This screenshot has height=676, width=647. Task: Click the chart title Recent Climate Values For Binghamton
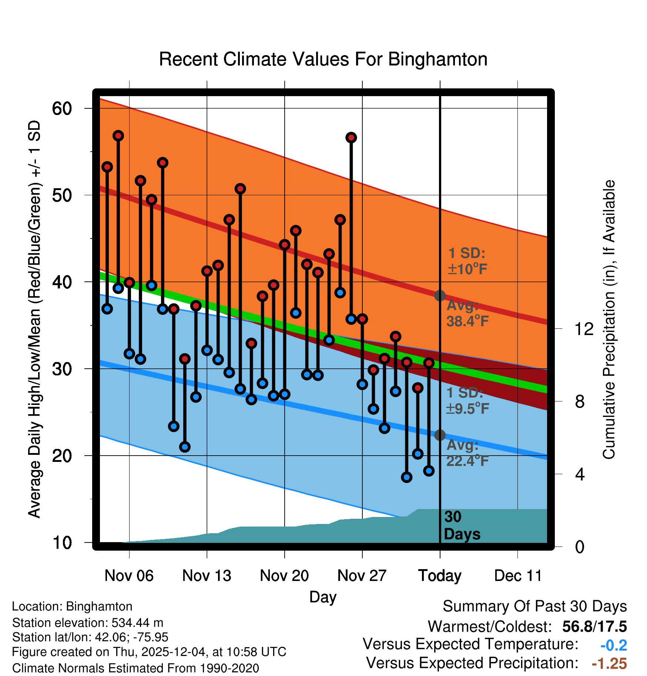tap(323, 59)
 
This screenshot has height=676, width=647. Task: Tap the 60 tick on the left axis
tap(62, 109)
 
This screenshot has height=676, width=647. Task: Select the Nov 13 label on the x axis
tap(207, 576)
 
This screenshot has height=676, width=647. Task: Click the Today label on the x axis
tap(440, 576)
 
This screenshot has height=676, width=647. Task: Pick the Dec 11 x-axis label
tap(518, 576)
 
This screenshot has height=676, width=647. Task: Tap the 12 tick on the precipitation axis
tap(584, 329)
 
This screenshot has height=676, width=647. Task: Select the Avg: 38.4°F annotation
tap(467, 314)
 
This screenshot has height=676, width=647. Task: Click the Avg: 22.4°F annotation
tap(467, 453)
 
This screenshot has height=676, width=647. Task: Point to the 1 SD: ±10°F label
tap(467, 261)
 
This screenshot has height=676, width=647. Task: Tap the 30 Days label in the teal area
tap(462, 525)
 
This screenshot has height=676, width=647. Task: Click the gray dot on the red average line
tap(440, 295)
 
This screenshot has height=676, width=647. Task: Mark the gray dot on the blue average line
tap(440, 435)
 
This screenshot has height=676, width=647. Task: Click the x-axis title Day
tap(323, 597)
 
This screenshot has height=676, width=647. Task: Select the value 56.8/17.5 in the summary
tap(594, 626)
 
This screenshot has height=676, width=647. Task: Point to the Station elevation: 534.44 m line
tap(88, 623)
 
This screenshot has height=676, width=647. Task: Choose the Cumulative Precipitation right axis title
tap(609, 320)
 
